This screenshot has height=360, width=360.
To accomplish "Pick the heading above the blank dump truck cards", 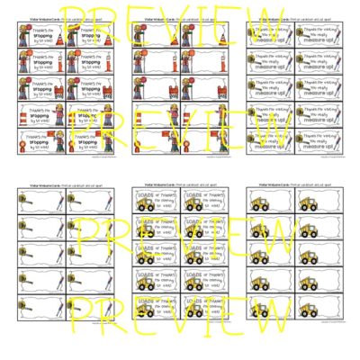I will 287,189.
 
